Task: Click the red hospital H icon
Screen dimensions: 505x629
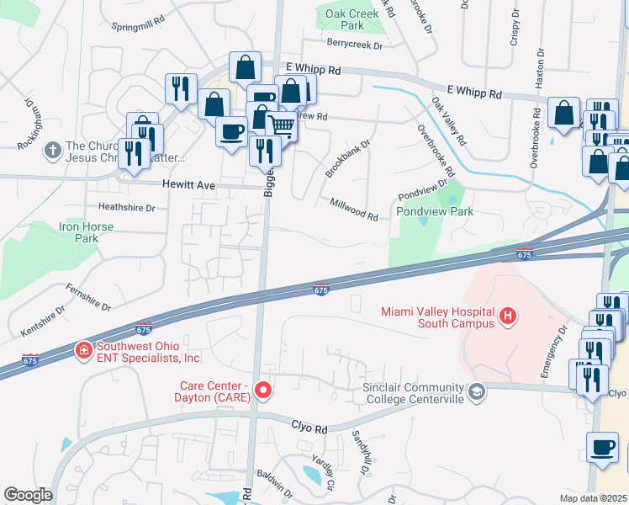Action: click(508, 316)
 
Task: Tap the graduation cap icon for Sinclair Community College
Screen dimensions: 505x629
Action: click(477, 391)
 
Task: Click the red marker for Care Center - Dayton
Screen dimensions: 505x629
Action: click(263, 390)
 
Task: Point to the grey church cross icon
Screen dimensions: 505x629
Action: click(52, 151)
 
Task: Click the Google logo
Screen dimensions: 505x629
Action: click(28, 495)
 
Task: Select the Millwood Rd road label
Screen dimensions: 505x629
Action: click(354, 209)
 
